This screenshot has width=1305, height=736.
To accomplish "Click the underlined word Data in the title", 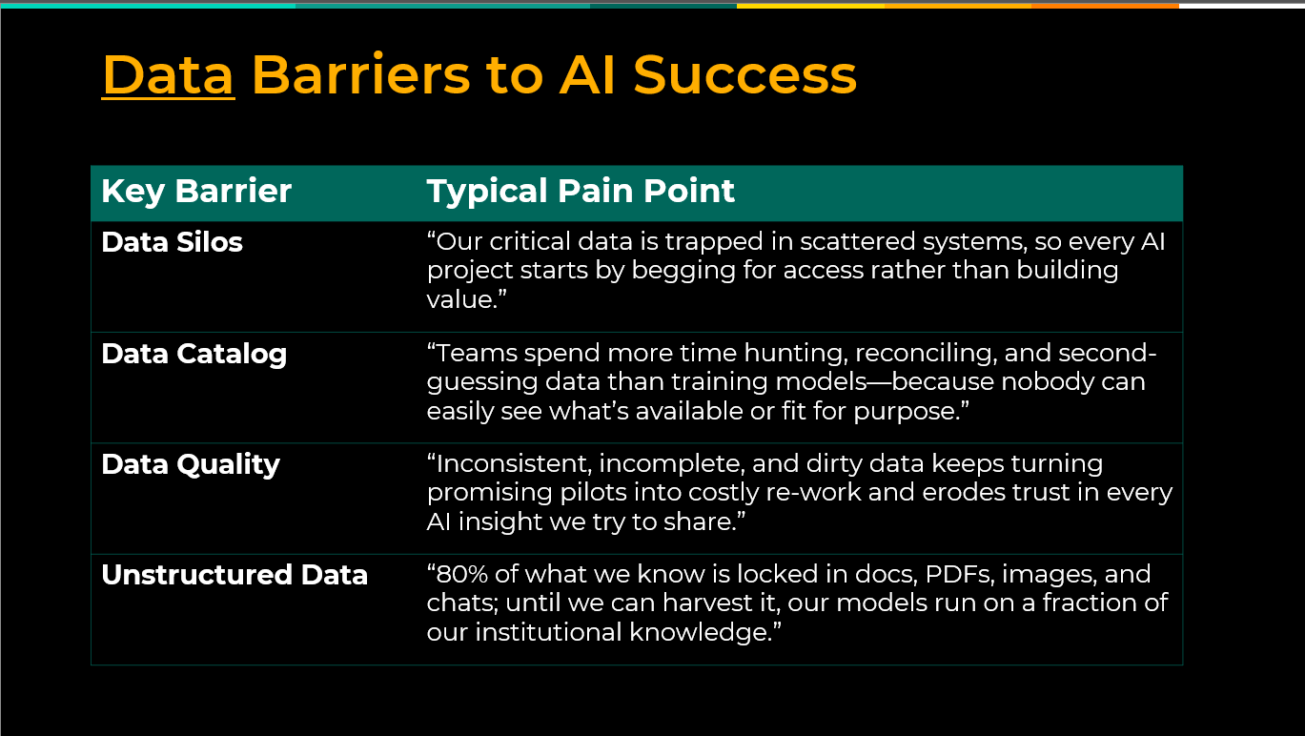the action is tap(169, 75).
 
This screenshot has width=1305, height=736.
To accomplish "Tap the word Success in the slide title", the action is tap(744, 75).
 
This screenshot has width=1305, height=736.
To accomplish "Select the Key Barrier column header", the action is tap(196, 191).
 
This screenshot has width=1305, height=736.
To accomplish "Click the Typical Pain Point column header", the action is tap(581, 191).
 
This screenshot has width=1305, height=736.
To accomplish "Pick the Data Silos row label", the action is tap(172, 242).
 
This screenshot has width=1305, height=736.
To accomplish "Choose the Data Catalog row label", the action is tap(194, 355).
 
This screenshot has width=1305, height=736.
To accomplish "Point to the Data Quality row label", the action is tap(191, 465).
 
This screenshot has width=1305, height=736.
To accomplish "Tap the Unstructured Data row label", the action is tap(234, 575).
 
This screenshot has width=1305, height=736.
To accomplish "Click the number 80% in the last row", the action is tap(462, 574).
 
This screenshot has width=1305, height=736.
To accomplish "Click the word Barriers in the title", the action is tap(360, 75).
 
